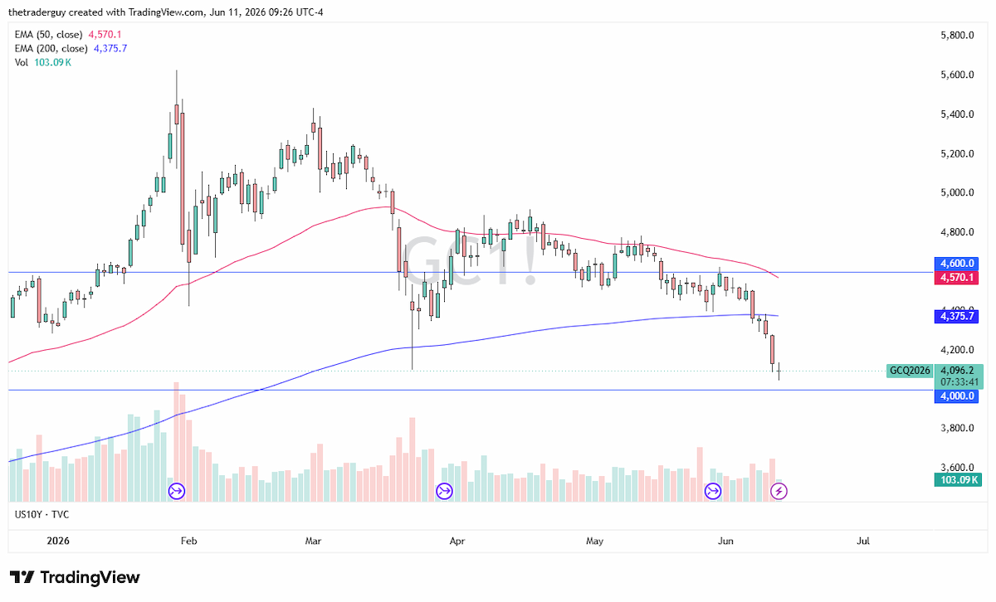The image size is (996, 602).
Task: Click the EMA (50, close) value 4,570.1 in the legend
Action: [105, 34]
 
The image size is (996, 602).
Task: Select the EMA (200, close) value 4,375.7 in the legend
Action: [110, 48]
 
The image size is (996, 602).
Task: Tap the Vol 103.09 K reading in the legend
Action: [52, 62]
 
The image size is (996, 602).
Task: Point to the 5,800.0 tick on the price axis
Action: [957, 35]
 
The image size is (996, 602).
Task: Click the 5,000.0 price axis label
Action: [957, 192]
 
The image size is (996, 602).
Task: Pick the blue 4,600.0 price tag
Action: [956, 264]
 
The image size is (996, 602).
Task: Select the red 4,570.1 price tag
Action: [956, 278]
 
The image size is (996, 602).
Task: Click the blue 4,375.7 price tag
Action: [956, 316]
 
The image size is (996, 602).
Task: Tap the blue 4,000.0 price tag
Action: [956, 396]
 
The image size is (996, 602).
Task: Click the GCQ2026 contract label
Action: [910, 371]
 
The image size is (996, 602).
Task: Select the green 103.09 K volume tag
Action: [958, 480]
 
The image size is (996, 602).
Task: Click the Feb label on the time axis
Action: [188, 541]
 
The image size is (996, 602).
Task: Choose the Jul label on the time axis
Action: [863, 541]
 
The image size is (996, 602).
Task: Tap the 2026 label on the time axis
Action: [58, 541]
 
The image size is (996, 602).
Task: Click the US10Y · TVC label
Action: [41, 514]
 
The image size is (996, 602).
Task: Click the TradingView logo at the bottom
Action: [75, 577]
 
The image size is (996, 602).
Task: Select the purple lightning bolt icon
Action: [779, 491]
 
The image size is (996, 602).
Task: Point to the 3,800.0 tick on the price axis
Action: [957, 428]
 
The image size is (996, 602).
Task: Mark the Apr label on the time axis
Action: [457, 541]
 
